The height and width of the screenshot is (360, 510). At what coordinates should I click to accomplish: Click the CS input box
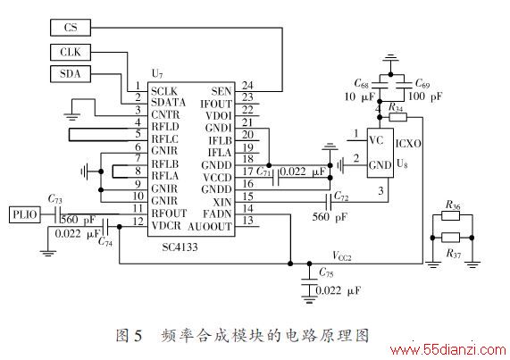(x=71, y=28)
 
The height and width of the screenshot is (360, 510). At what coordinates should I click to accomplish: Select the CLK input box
(x=71, y=53)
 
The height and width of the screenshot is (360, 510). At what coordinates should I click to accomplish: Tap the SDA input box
(x=71, y=74)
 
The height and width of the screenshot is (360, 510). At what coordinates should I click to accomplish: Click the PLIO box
(x=25, y=214)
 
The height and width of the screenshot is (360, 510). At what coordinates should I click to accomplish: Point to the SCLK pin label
(x=164, y=91)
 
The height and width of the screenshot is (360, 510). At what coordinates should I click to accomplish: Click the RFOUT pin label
(x=169, y=213)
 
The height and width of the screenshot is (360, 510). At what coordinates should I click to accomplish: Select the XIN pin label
(x=222, y=202)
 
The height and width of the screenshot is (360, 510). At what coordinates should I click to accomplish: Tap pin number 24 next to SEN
(x=247, y=85)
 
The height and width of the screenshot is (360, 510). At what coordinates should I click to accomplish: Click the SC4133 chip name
(x=180, y=247)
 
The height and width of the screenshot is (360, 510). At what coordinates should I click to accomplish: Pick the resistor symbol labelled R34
(x=397, y=117)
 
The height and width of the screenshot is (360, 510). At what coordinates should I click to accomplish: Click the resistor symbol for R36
(x=450, y=215)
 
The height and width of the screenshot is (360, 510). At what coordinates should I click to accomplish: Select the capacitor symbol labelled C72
(x=329, y=202)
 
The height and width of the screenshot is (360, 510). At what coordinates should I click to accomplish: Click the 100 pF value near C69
(x=425, y=96)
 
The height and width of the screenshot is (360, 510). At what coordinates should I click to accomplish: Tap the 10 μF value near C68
(x=359, y=96)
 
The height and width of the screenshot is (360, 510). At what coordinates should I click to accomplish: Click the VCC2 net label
(x=342, y=255)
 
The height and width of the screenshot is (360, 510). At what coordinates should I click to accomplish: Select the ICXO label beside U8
(x=408, y=144)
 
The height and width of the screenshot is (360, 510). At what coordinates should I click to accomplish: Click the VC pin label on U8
(x=376, y=140)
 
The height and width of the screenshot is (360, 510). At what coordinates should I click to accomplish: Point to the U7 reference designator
(x=157, y=74)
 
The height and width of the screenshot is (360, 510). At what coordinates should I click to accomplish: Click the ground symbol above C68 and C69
(x=390, y=59)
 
